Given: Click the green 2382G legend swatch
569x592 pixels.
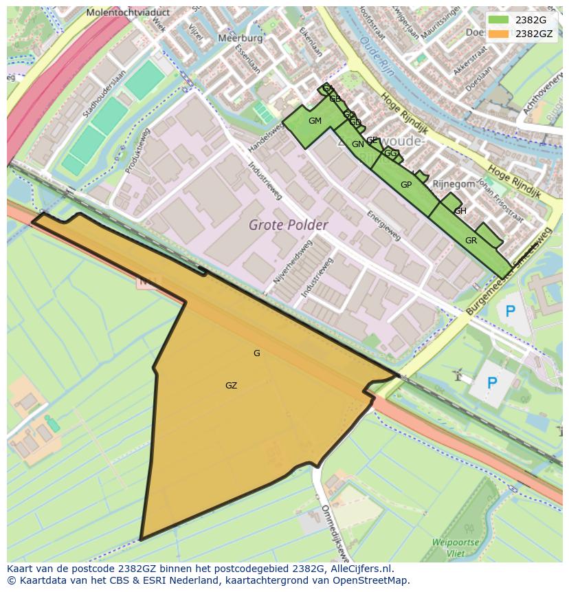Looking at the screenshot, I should coord(498,20).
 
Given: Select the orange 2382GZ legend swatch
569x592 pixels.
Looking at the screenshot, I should coord(498,33).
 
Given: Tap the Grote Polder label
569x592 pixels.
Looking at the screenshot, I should coord(288,225).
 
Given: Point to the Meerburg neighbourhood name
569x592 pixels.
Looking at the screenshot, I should coord(240,39).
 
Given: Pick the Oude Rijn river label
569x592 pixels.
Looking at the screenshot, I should coord(375,54).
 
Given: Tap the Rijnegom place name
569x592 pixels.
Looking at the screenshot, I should coord(454,184).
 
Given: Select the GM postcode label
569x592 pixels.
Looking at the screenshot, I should coord(315,121).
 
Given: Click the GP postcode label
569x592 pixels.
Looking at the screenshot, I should coord(406,185).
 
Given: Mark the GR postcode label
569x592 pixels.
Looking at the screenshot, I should coord(471,241).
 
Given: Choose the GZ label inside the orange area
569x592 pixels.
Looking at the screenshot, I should coord(231,386).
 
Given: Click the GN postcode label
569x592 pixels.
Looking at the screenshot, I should coord(357,144).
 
